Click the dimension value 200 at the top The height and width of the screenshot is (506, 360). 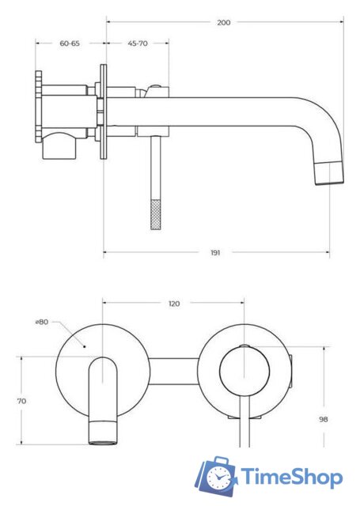click(224, 22)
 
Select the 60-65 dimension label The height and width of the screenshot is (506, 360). click(70, 43)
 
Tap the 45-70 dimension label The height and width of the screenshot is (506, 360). click(137, 43)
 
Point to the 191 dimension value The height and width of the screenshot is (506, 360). click(215, 252)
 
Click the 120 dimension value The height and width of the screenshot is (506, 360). click(174, 304)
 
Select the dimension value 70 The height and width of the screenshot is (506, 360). click(21, 401)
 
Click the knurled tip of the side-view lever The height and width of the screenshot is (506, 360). click(155, 213)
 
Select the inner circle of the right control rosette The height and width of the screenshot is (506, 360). click(244, 368)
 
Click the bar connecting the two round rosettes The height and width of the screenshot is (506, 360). click(173, 370)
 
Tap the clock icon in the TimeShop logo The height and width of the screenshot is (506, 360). click(219, 478)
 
